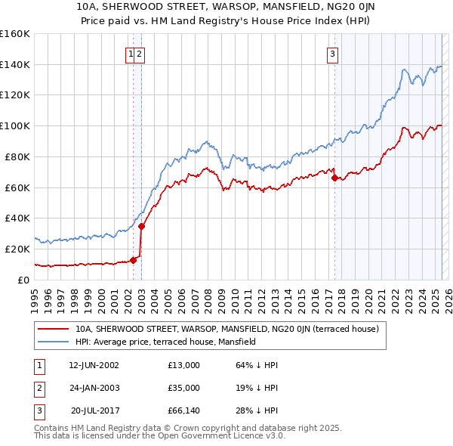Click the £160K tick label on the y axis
[x=15, y=34]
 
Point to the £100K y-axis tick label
[x=15, y=125]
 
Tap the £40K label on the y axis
[x=17, y=218]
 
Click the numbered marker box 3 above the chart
[x=332, y=53]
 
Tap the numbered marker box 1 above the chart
[x=131, y=53]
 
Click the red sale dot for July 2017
[x=334, y=178]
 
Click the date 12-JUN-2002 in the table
[x=94, y=365]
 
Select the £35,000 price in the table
[x=184, y=388]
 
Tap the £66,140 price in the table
[x=184, y=410]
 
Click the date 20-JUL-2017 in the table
[x=94, y=410]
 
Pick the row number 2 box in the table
[x=39, y=388]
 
